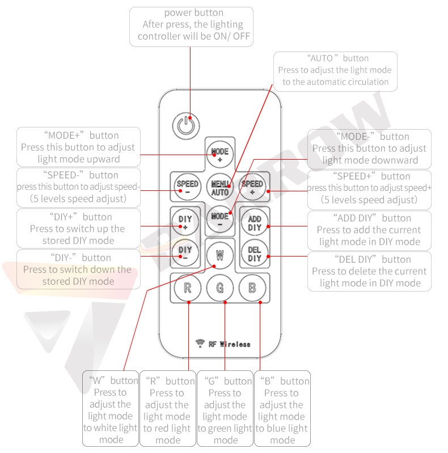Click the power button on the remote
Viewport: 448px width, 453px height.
[186, 126]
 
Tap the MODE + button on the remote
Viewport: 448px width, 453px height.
[220, 155]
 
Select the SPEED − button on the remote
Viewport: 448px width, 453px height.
[188, 187]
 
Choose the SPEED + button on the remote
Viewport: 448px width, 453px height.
[252, 187]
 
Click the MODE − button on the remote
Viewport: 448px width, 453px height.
[220, 219]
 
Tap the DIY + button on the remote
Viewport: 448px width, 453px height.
[185, 222]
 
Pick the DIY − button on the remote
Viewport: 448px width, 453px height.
[185, 253]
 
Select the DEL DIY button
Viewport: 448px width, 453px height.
[255, 253]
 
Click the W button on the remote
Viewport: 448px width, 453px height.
[220, 255]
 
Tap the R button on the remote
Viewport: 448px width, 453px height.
[188, 288]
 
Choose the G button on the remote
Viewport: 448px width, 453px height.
[220, 288]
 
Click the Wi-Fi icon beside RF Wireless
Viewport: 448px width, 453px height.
[200, 343]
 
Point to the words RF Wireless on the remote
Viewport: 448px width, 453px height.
[230, 344]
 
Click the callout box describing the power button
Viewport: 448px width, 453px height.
[191, 27]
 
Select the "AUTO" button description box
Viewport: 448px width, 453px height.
[335, 71]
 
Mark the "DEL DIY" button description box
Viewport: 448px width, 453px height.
[369, 271]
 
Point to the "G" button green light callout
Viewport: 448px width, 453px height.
[225, 408]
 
